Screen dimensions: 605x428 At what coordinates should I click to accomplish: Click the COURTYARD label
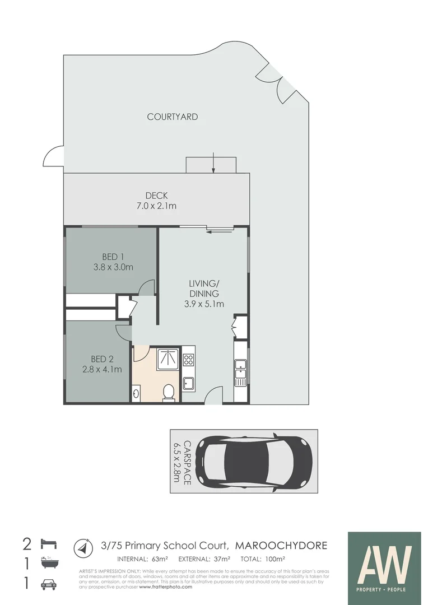[172, 117]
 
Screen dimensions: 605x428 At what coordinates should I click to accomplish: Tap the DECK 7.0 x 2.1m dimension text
[156, 201]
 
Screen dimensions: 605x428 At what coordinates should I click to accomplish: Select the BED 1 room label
[113, 262]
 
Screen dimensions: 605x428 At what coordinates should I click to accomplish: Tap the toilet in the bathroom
[168, 393]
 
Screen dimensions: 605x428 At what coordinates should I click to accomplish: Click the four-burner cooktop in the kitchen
[188, 360]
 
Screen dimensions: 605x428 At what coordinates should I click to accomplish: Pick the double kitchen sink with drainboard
[240, 372]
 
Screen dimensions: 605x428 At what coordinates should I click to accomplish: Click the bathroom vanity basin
[137, 393]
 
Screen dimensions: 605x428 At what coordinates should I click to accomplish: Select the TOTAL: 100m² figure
[263, 559]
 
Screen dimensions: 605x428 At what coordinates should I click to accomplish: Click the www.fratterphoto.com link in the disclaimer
[165, 587]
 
